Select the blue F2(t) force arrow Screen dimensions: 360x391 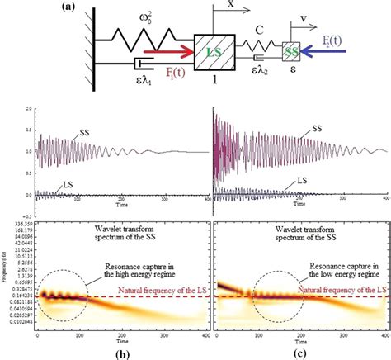[x=333, y=58]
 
